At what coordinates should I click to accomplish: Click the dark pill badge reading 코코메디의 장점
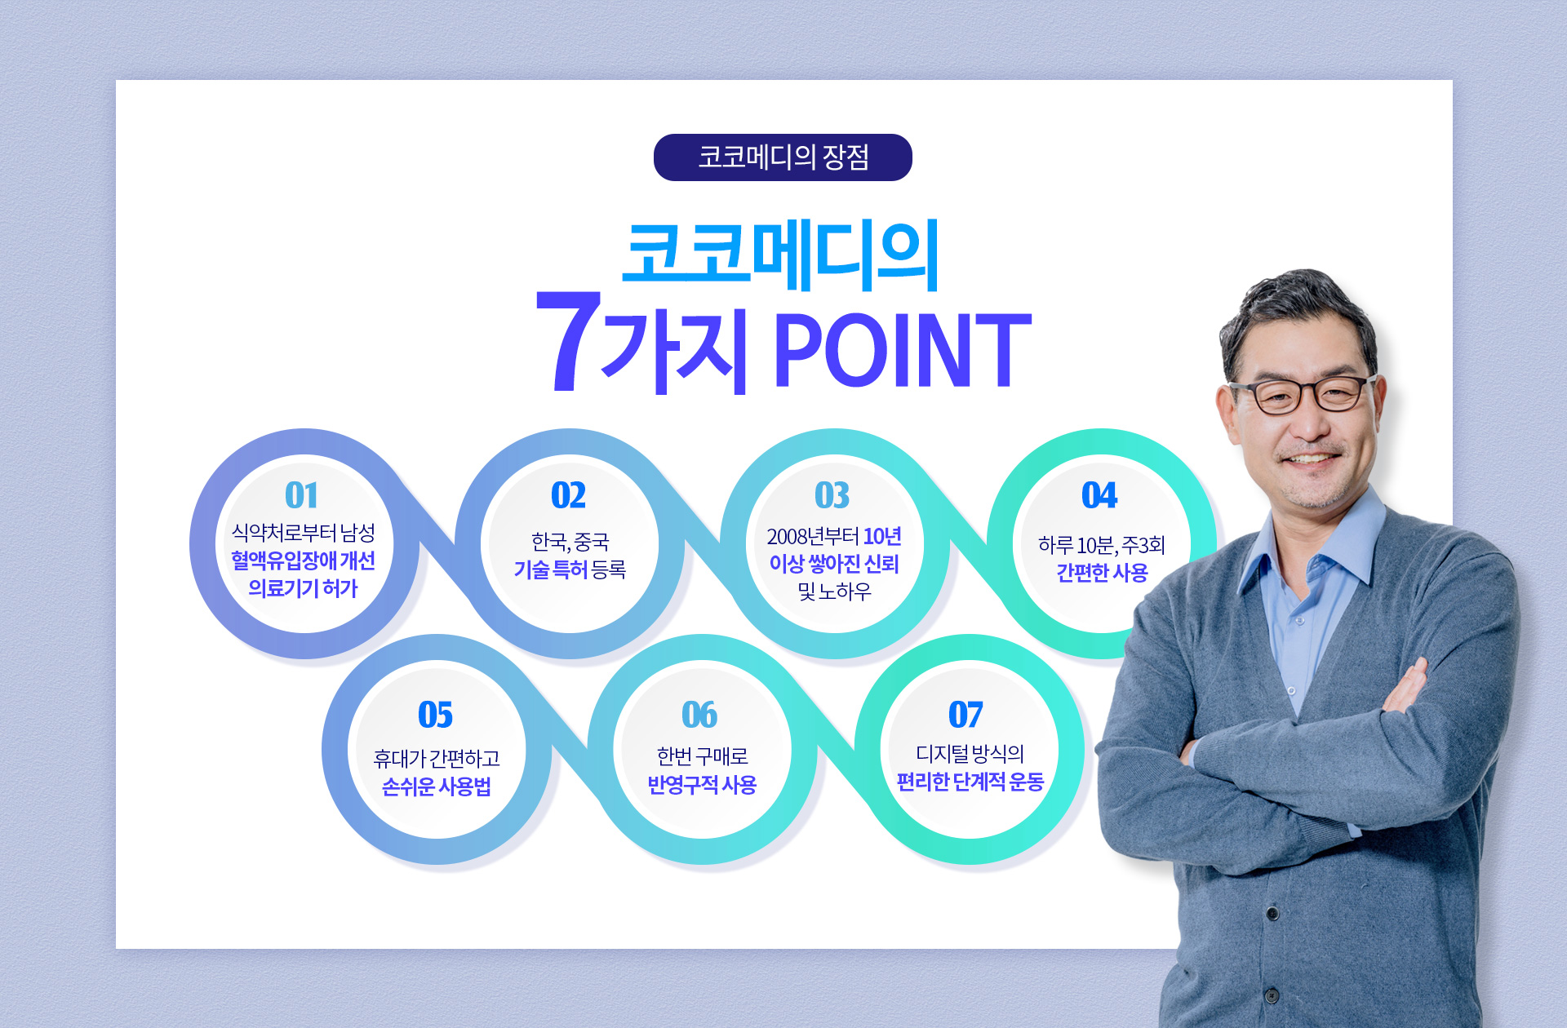tap(783, 157)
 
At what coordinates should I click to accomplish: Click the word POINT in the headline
tap(903, 350)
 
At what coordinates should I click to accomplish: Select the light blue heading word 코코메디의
tap(781, 255)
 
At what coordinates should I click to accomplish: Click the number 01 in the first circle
tap(301, 494)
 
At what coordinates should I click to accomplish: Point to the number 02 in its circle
tap(568, 494)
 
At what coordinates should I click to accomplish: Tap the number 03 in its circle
tap(832, 494)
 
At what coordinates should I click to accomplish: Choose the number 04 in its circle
tap(1099, 494)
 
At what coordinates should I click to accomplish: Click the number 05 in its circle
tap(435, 715)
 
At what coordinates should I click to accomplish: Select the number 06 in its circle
tap(699, 715)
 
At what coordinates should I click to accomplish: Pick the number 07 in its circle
tap(966, 715)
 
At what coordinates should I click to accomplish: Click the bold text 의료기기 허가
tap(303, 588)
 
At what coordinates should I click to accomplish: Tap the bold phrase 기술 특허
tap(550, 569)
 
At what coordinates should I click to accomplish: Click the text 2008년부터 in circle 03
tap(813, 536)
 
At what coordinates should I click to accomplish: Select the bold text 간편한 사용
tap(1102, 573)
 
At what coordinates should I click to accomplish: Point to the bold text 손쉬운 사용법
tap(436, 787)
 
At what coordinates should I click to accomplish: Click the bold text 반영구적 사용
tap(702, 785)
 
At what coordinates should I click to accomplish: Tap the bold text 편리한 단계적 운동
tap(970, 782)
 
